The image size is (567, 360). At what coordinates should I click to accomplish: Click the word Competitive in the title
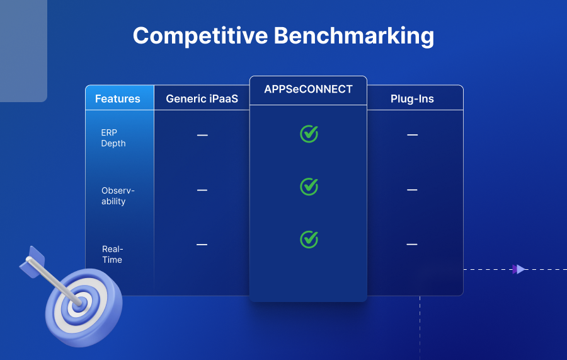pyautogui.click(x=200, y=35)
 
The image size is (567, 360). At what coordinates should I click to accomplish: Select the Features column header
pyautogui.click(x=118, y=98)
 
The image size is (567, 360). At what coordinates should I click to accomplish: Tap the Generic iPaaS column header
pyautogui.click(x=202, y=98)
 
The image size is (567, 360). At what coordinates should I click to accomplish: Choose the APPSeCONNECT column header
pyautogui.click(x=308, y=90)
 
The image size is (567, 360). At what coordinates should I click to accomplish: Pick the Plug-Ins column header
pyautogui.click(x=412, y=98)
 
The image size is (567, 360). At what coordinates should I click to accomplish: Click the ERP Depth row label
pyautogui.click(x=113, y=138)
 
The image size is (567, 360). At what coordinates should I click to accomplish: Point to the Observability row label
pyautogui.click(x=118, y=196)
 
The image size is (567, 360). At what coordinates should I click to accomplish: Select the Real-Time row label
pyautogui.click(x=112, y=254)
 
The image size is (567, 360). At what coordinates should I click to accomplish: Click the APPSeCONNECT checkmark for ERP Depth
pyautogui.click(x=309, y=134)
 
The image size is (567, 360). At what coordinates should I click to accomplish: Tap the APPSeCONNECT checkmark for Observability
pyautogui.click(x=309, y=187)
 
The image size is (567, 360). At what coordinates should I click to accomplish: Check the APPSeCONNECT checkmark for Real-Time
pyautogui.click(x=309, y=239)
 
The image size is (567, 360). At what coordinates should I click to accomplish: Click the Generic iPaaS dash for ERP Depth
pyautogui.click(x=202, y=135)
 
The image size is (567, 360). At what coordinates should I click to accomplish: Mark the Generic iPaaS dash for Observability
pyautogui.click(x=202, y=190)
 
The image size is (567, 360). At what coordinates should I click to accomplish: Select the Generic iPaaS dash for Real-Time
pyautogui.click(x=202, y=245)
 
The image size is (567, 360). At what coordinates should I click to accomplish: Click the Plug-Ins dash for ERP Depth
pyautogui.click(x=412, y=135)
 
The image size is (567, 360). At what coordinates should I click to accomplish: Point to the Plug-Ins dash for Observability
pyautogui.click(x=412, y=190)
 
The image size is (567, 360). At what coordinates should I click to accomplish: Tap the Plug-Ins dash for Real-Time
pyautogui.click(x=412, y=245)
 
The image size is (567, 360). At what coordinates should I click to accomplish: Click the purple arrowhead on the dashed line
pyautogui.click(x=519, y=269)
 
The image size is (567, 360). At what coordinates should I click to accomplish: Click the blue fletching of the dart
pyautogui.click(x=31, y=261)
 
